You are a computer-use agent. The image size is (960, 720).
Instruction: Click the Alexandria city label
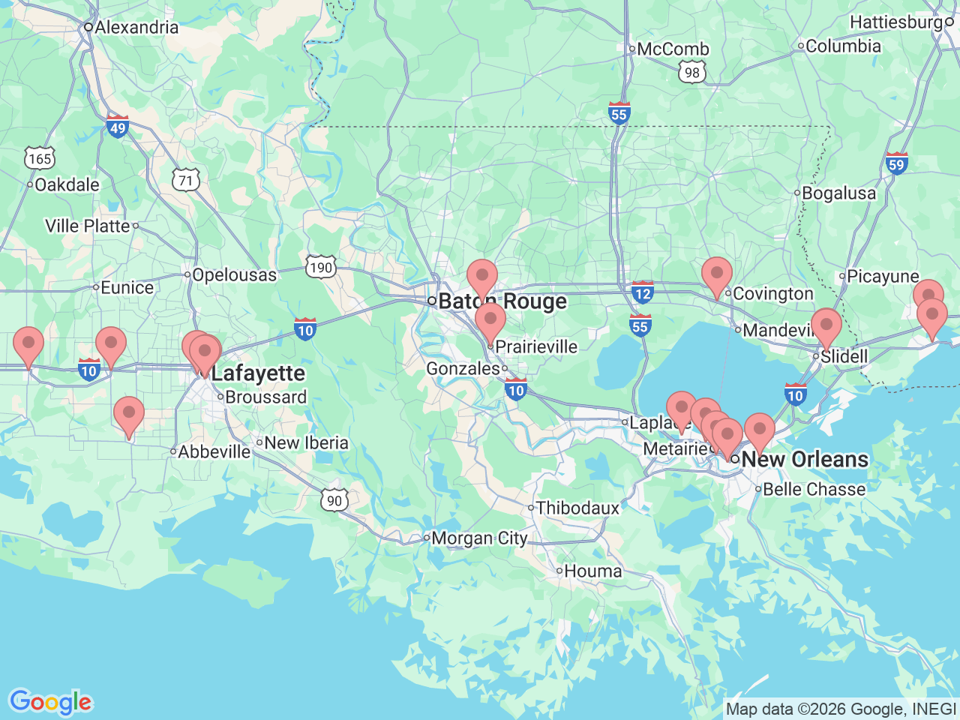coord(136,28)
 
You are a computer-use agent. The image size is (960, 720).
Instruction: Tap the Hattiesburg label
coord(896,22)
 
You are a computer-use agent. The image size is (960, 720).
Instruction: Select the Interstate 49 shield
coord(118,127)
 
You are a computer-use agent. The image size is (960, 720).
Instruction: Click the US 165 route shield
coord(39,158)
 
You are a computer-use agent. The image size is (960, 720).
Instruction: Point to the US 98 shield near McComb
coord(691,72)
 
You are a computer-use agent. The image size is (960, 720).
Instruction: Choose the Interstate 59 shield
coord(896,163)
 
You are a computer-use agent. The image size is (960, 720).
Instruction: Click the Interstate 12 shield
coord(642,292)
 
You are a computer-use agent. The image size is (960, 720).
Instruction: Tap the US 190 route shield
coord(320,268)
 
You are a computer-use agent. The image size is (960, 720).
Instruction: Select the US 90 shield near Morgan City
coord(334,500)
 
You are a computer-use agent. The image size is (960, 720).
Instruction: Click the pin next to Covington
coord(717,274)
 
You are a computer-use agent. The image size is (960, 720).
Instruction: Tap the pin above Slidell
coord(826,326)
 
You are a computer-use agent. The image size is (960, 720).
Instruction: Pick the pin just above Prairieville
coord(490,321)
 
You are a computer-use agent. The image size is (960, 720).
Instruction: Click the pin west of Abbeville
coord(129,415)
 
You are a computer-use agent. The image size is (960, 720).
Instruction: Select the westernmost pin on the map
coord(28,346)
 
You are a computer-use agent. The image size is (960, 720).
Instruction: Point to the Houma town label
coord(592,571)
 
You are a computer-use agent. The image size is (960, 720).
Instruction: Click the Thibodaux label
coord(577,508)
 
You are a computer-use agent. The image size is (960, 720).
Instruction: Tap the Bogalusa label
coord(838,193)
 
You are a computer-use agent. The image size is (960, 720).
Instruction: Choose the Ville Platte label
coord(88,226)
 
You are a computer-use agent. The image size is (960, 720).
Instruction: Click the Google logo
coord(50,702)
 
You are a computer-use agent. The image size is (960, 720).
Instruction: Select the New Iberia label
coord(306,443)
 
